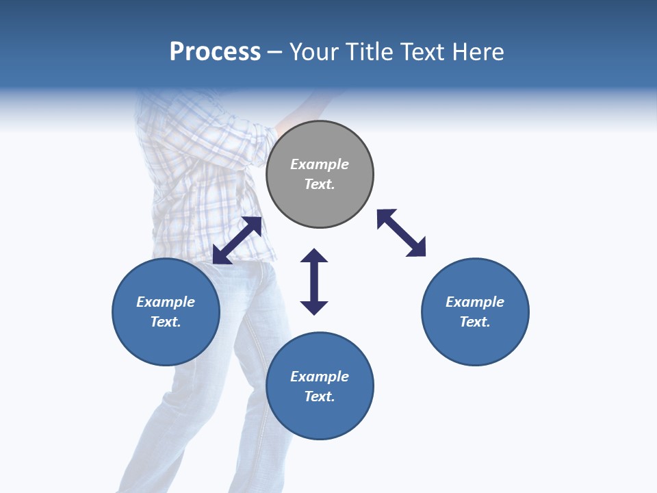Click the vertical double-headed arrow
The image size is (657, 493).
tap(314, 281)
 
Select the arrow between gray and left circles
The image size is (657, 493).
tap(237, 240)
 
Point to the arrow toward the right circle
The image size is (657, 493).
tap(401, 233)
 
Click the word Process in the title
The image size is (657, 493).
tap(215, 52)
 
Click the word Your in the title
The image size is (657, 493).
tap(313, 52)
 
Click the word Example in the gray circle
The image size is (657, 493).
tap(320, 164)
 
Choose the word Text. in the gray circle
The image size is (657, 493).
tap(320, 184)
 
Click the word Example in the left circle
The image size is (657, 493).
tap(166, 302)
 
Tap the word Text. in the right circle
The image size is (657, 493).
tap(475, 322)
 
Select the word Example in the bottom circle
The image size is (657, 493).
tap(320, 377)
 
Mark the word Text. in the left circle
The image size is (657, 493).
tap(166, 322)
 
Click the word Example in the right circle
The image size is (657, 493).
tap(475, 302)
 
